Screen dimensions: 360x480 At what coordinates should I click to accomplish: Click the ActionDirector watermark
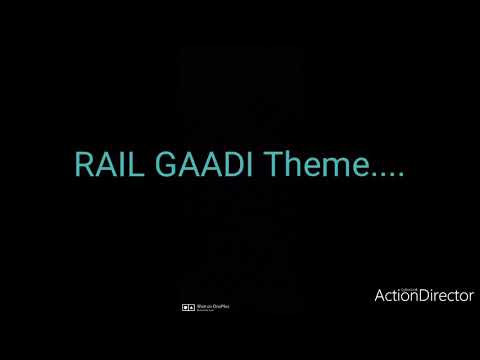coord(424,295)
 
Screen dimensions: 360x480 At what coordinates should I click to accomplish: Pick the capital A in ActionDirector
coord(379,295)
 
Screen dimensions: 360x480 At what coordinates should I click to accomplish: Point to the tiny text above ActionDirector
coord(384,284)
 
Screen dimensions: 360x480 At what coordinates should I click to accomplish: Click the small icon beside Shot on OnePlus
coord(187,306)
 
